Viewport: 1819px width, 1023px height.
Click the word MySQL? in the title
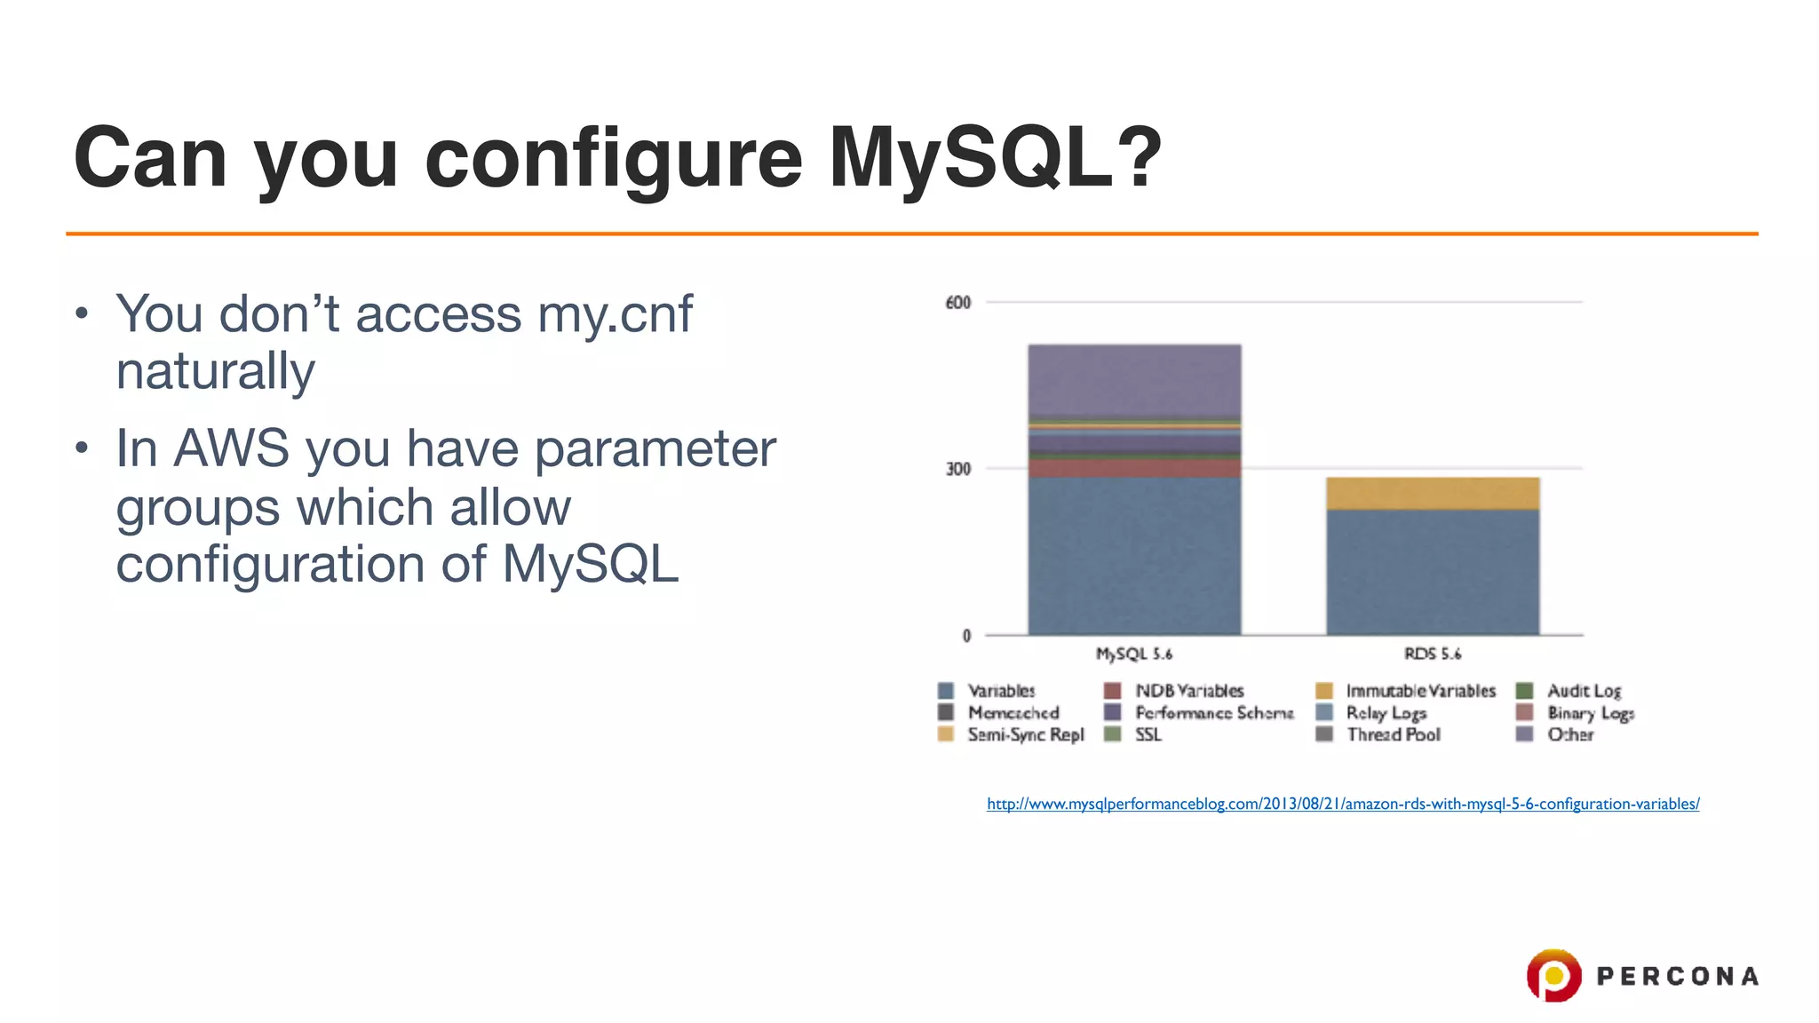tap(995, 158)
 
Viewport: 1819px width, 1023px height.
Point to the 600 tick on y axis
tap(958, 303)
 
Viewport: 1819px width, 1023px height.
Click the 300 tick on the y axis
tap(958, 469)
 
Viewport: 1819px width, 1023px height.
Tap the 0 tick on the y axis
tap(966, 635)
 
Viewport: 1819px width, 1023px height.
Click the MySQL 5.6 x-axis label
tap(1134, 654)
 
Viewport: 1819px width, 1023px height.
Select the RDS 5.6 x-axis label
tap(1432, 654)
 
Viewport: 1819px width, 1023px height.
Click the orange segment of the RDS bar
tap(1432, 494)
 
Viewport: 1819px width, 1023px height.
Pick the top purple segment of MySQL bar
tap(1134, 380)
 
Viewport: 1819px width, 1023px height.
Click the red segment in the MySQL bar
tap(1134, 468)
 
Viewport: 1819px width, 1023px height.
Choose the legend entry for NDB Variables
tap(1188, 691)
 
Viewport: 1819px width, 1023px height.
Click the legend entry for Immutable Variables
tap(1419, 691)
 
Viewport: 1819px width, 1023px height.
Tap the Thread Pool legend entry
tap(1393, 734)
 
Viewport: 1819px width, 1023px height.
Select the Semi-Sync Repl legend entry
tap(1025, 734)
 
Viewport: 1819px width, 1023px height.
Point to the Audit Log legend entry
tap(1583, 691)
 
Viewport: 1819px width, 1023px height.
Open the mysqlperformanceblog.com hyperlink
tap(1342, 804)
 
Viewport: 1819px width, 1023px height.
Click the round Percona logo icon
tap(1553, 975)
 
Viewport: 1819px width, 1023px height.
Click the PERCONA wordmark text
tap(1677, 977)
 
